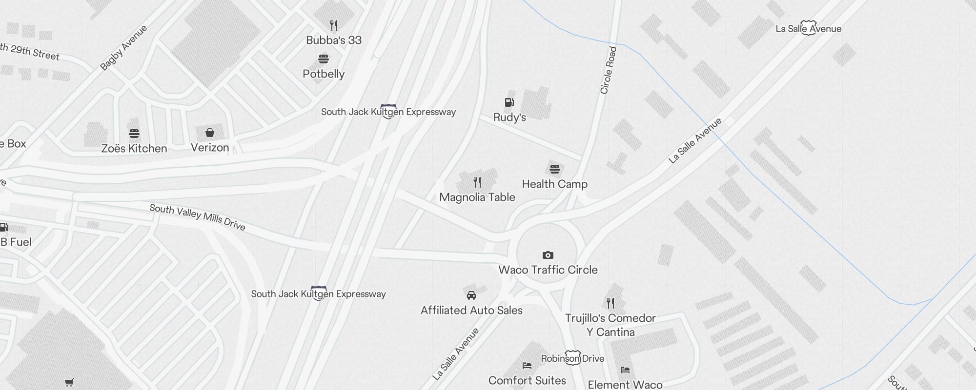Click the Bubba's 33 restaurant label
pyautogui.click(x=334, y=40)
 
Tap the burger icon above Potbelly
pyautogui.click(x=324, y=59)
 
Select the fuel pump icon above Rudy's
pyautogui.click(x=509, y=102)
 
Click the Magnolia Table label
pyautogui.click(x=477, y=197)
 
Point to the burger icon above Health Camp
pyautogui.click(x=554, y=169)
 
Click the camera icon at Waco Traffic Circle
pyautogui.click(x=548, y=255)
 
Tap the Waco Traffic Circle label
pyautogui.click(x=548, y=270)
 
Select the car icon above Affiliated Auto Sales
pyautogui.click(x=471, y=295)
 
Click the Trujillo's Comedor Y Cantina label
pyautogui.click(x=610, y=325)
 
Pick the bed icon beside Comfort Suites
pyautogui.click(x=527, y=365)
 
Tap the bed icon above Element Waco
pyautogui.click(x=625, y=370)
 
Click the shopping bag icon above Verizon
pyautogui.click(x=210, y=133)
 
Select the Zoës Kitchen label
pyautogui.click(x=134, y=149)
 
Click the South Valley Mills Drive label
pyautogui.click(x=197, y=217)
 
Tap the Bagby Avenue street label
pyautogui.click(x=123, y=48)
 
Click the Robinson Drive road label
pyautogui.click(x=572, y=359)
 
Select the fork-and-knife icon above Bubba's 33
pyautogui.click(x=334, y=25)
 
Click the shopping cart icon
pyautogui.click(x=69, y=383)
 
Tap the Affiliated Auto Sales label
pyautogui.click(x=471, y=311)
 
